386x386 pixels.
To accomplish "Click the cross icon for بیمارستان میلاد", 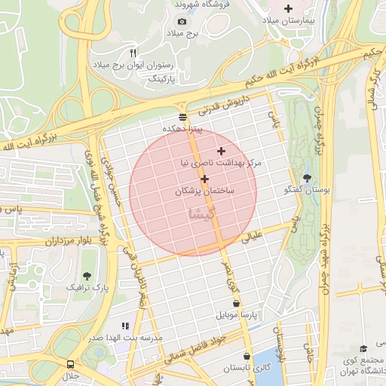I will [287, 8].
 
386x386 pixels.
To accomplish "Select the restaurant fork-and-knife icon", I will [133, 53].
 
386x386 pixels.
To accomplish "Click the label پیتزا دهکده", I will [183, 129].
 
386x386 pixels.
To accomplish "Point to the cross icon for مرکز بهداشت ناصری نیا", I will [221, 151].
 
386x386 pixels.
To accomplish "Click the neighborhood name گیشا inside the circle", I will [205, 214].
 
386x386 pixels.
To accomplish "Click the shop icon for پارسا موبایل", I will [237, 303].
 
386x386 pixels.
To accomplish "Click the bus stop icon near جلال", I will [70, 363].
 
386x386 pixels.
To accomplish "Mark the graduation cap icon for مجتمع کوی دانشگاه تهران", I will [364, 348].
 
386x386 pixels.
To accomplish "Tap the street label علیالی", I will [253, 237].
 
